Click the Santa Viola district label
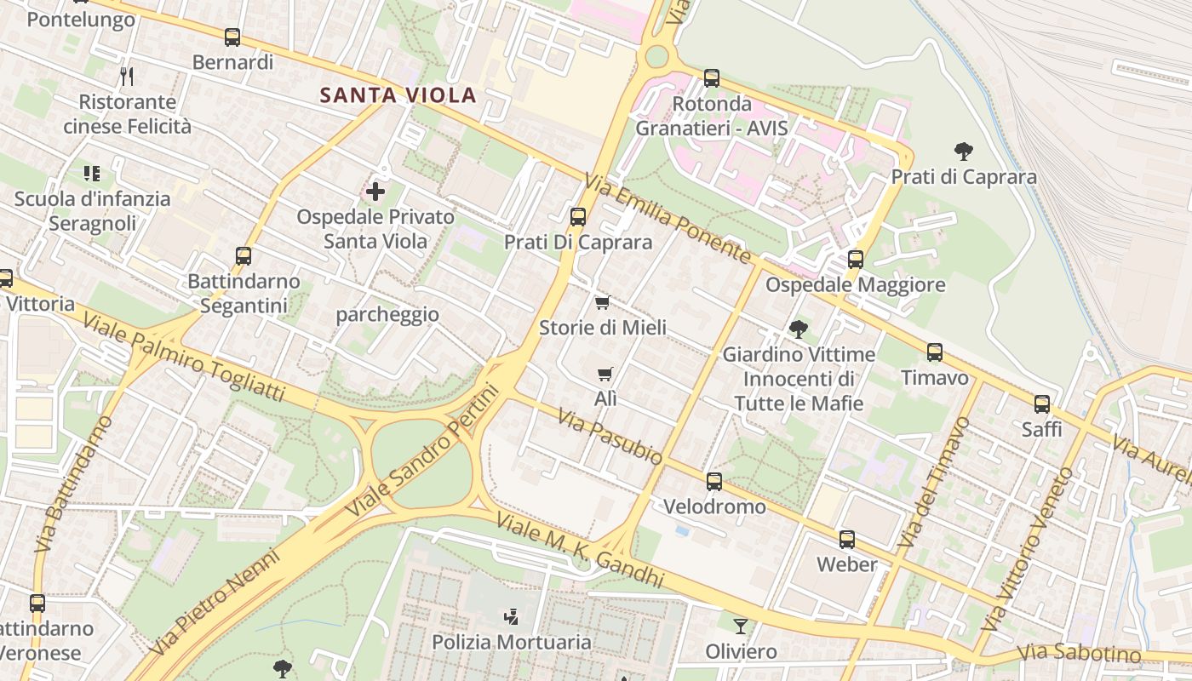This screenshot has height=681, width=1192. [398, 94]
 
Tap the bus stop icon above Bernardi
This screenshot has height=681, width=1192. [232, 37]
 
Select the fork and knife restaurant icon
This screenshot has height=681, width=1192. [127, 77]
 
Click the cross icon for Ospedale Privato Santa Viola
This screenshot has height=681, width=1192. [375, 192]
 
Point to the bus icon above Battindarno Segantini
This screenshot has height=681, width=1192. [244, 255]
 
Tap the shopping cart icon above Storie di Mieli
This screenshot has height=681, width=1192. [603, 302]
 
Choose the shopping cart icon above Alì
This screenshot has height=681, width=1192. [605, 374]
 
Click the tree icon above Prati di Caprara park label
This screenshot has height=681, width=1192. [964, 152]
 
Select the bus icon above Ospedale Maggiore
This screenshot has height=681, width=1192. [856, 259]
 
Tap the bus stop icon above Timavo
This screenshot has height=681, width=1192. [935, 352]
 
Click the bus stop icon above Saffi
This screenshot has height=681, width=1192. [1042, 404]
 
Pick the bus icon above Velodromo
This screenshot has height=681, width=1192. [714, 482]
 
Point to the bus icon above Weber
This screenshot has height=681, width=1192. [846, 539]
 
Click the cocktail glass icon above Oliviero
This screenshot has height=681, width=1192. [741, 626]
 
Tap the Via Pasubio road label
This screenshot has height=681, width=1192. [610, 436]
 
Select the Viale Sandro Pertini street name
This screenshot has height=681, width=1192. [422, 451]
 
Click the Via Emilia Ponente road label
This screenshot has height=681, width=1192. [668, 219]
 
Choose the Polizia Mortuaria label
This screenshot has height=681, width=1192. [512, 642]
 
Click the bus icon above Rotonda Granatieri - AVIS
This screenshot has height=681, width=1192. [712, 78]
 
